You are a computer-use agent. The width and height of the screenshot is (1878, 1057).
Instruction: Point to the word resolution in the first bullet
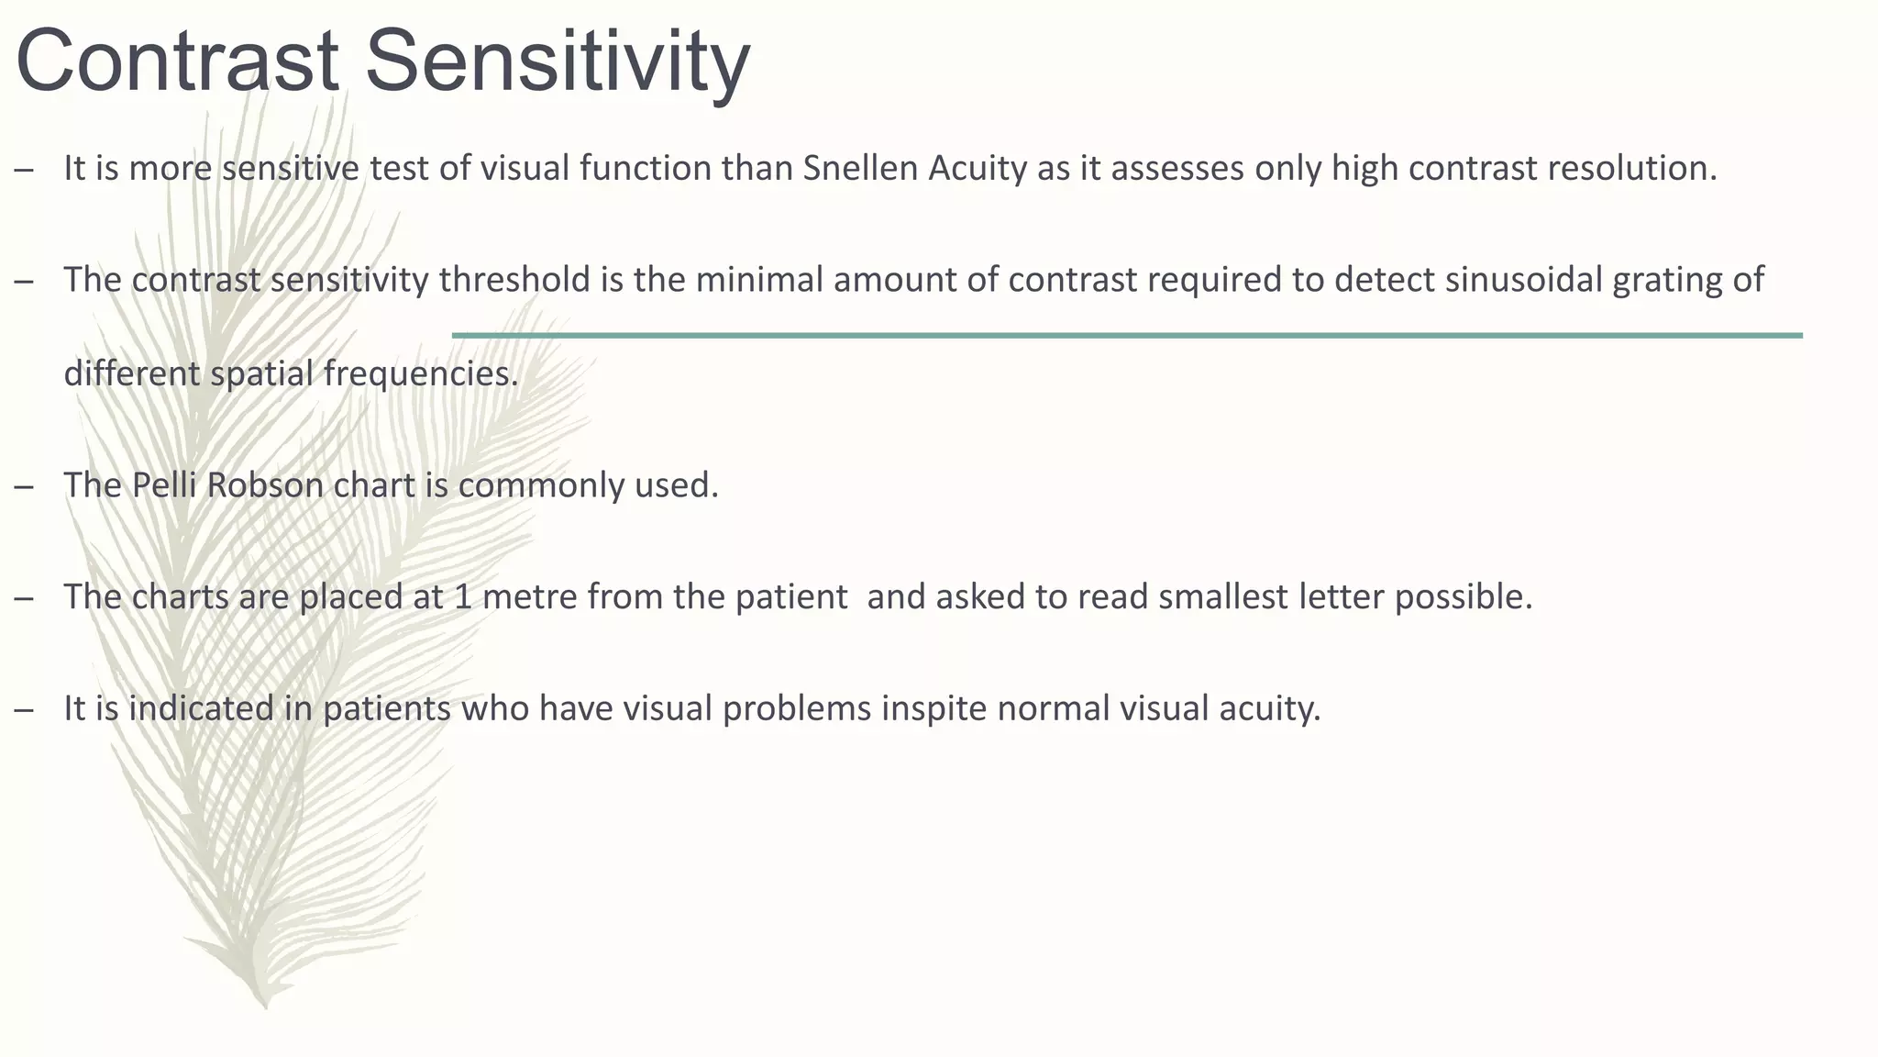click(1631, 169)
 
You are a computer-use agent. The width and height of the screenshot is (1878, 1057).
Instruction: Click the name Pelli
click(164, 485)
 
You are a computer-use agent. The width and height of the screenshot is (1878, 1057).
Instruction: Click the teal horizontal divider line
click(1127, 336)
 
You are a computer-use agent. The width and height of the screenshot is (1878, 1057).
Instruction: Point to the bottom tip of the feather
click(265, 1006)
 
